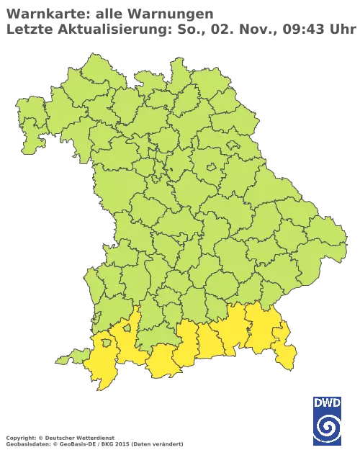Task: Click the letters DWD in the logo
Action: (x=327, y=402)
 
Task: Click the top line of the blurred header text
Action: (x=108, y=14)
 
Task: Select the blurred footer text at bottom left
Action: (x=94, y=437)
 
